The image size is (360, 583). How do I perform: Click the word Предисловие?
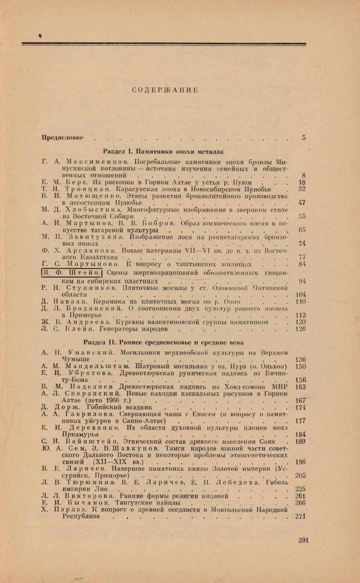tap(62, 137)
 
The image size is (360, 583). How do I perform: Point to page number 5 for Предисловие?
tap(304, 137)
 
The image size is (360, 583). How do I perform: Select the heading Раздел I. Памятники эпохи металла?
tap(163, 151)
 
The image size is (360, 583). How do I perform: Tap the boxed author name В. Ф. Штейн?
tap(72, 274)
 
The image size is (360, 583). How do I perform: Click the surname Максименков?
tap(97, 162)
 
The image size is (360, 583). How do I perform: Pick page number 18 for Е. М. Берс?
tap(302, 182)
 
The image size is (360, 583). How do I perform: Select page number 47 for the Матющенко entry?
tap(302, 203)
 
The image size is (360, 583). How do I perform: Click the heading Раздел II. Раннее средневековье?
tap(163, 343)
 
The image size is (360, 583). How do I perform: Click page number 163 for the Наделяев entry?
tap(300, 387)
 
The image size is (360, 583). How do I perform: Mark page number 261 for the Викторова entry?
tap(300, 496)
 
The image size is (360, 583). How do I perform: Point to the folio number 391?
tap(303, 540)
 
